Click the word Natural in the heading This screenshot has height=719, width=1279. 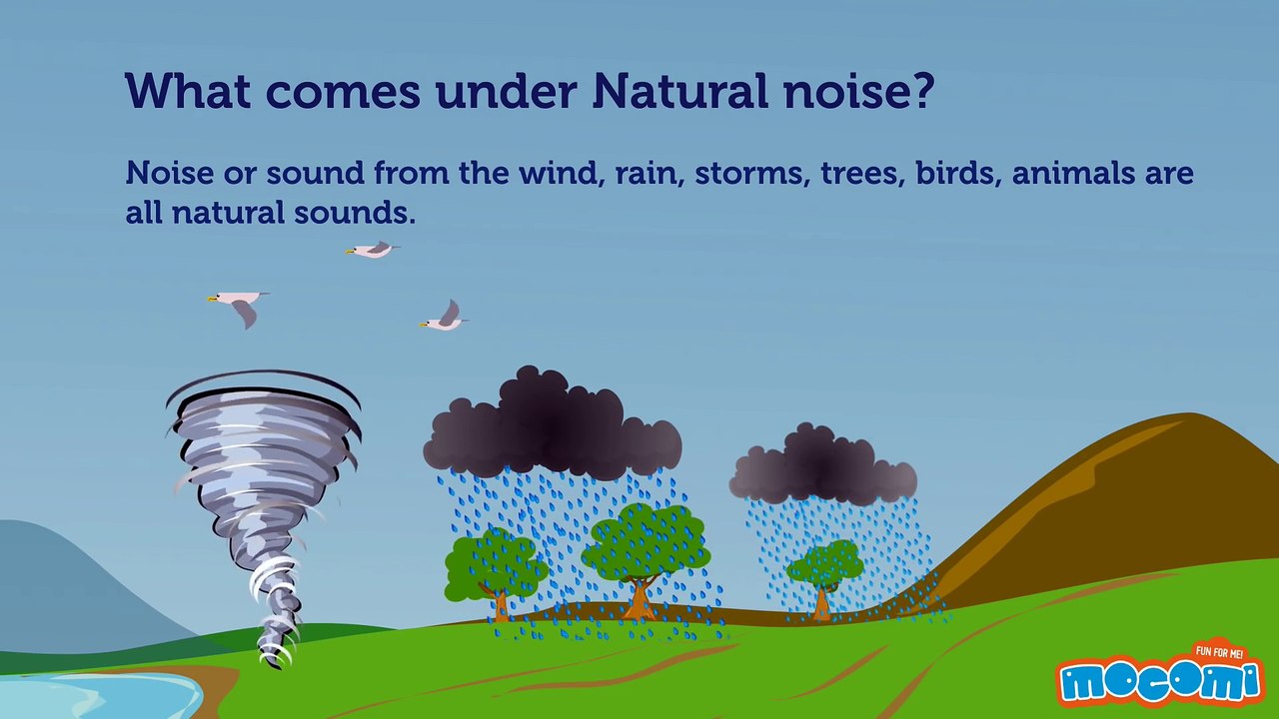[x=680, y=91]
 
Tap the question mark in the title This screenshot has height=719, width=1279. [x=920, y=91]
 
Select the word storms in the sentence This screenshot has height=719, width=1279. [x=752, y=173]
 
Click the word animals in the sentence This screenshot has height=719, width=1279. [x=1073, y=173]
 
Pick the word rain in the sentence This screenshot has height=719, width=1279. [x=649, y=173]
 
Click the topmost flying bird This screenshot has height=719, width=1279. [x=373, y=250]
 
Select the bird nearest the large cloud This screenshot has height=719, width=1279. [x=445, y=317]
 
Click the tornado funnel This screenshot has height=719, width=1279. [x=263, y=502]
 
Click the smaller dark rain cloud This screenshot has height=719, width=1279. [x=822, y=466]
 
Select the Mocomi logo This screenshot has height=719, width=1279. [x=1160, y=682]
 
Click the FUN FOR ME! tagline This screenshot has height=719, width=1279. [x=1219, y=652]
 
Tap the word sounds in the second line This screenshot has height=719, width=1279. [x=355, y=213]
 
